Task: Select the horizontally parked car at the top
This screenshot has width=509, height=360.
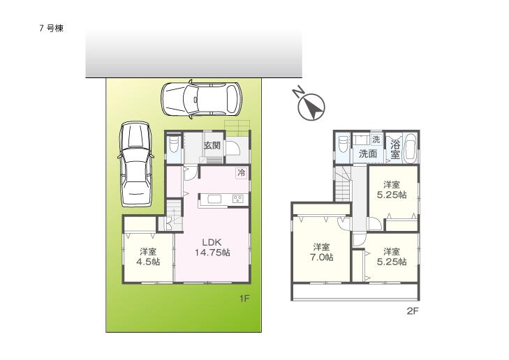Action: click(x=201, y=100)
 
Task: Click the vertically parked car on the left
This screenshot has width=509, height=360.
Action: click(x=135, y=165)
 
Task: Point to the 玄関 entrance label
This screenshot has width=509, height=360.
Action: click(x=212, y=146)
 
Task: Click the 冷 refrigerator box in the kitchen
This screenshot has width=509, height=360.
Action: click(x=241, y=172)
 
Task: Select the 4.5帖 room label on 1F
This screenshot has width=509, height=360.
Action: click(x=147, y=257)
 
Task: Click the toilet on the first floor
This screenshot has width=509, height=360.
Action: click(x=173, y=147)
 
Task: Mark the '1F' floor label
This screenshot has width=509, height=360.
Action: click(x=244, y=298)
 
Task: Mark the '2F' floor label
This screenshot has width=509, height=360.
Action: click(x=412, y=312)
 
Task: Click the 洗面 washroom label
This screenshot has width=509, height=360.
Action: click(x=368, y=153)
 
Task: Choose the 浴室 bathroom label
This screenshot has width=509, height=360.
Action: click(x=395, y=149)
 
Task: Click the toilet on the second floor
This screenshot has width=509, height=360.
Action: click(x=343, y=147)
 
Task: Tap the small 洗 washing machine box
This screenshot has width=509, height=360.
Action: click(x=376, y=140)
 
